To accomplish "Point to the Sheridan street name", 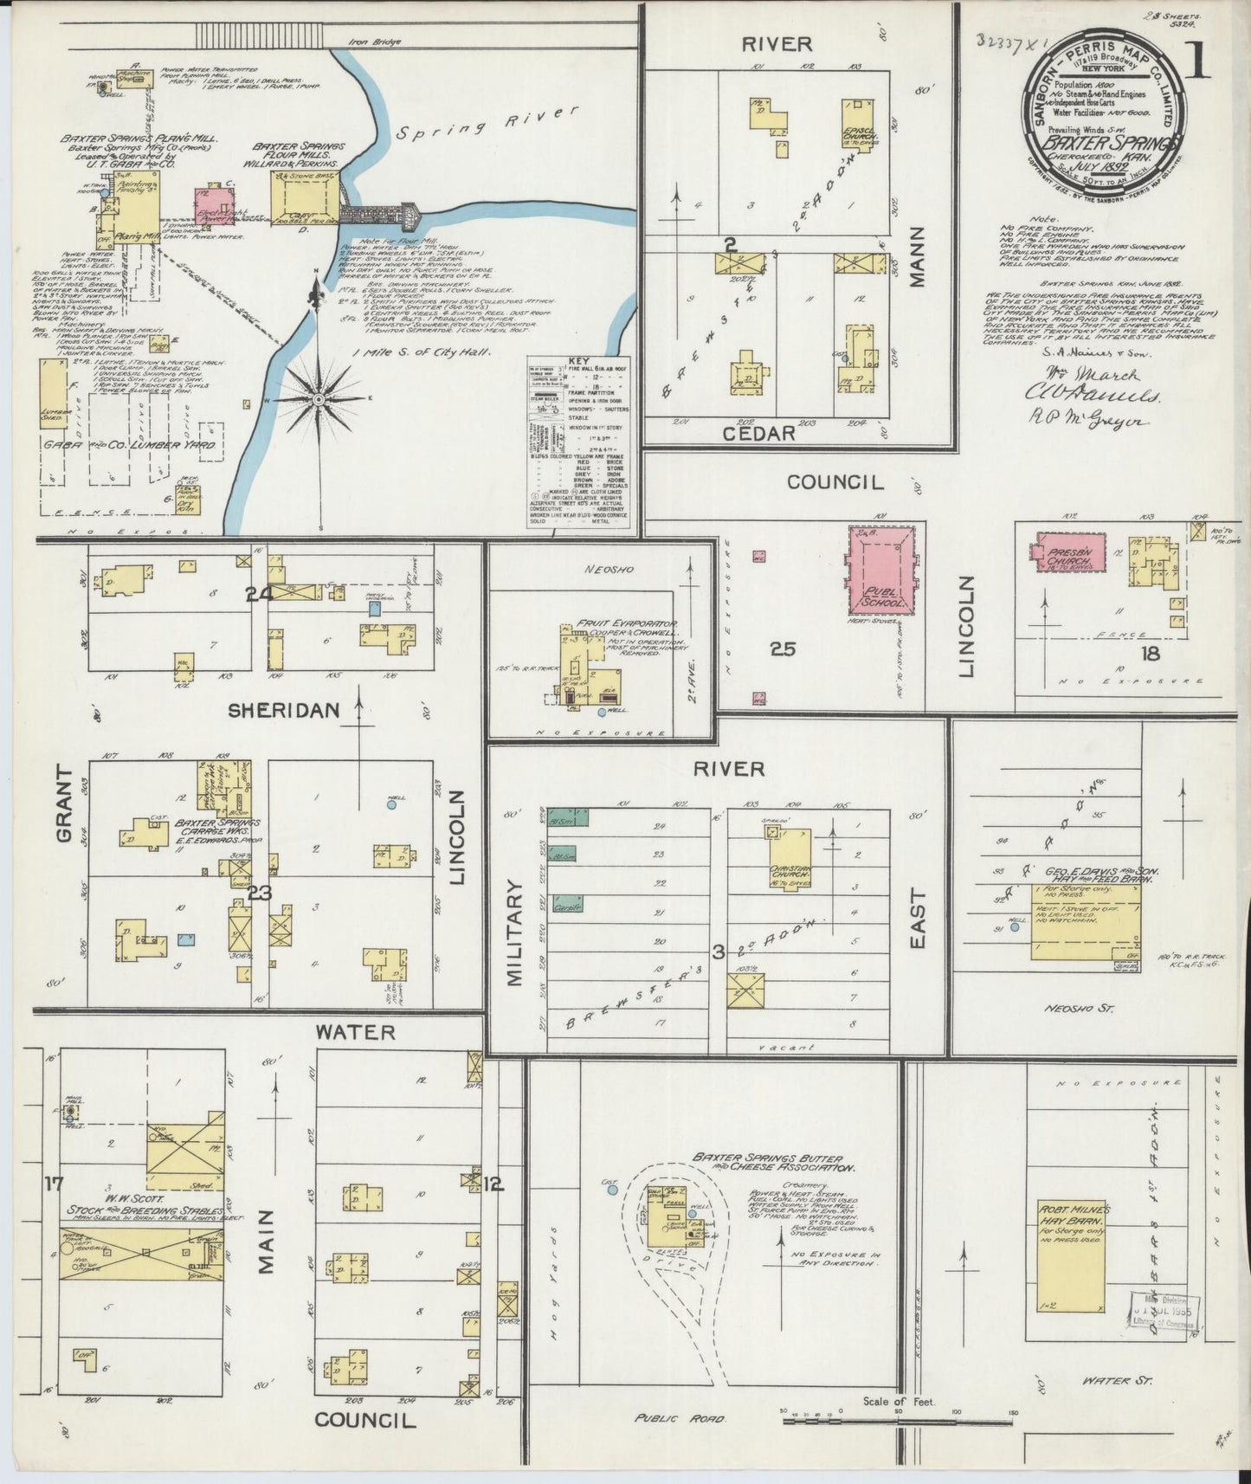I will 271,710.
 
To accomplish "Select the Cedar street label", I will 757,434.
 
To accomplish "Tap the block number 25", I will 783,648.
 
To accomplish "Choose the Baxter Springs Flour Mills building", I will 303,202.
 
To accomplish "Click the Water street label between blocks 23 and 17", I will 355,1032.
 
